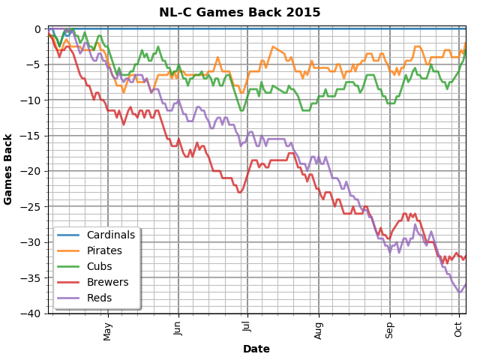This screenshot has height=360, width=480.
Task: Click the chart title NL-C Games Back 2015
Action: click(x=239, y=13)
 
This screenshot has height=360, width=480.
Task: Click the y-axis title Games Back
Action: click(x=8, y=169)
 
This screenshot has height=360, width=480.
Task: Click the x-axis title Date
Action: click(x=256, y=349)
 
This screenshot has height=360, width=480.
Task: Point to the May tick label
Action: click(x=107, y=330)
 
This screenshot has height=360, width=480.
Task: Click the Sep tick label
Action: click(x=390, y=329)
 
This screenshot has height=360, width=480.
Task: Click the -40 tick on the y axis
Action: click(x=32, y=313)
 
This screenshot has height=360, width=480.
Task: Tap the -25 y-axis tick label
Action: click(x=32, y=207)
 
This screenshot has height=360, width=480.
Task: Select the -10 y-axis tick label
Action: click(x=32, y=100)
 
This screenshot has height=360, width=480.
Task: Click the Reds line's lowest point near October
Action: click(x=460, y=292)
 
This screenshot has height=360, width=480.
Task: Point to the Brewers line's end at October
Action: click(x=466, y=256)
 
